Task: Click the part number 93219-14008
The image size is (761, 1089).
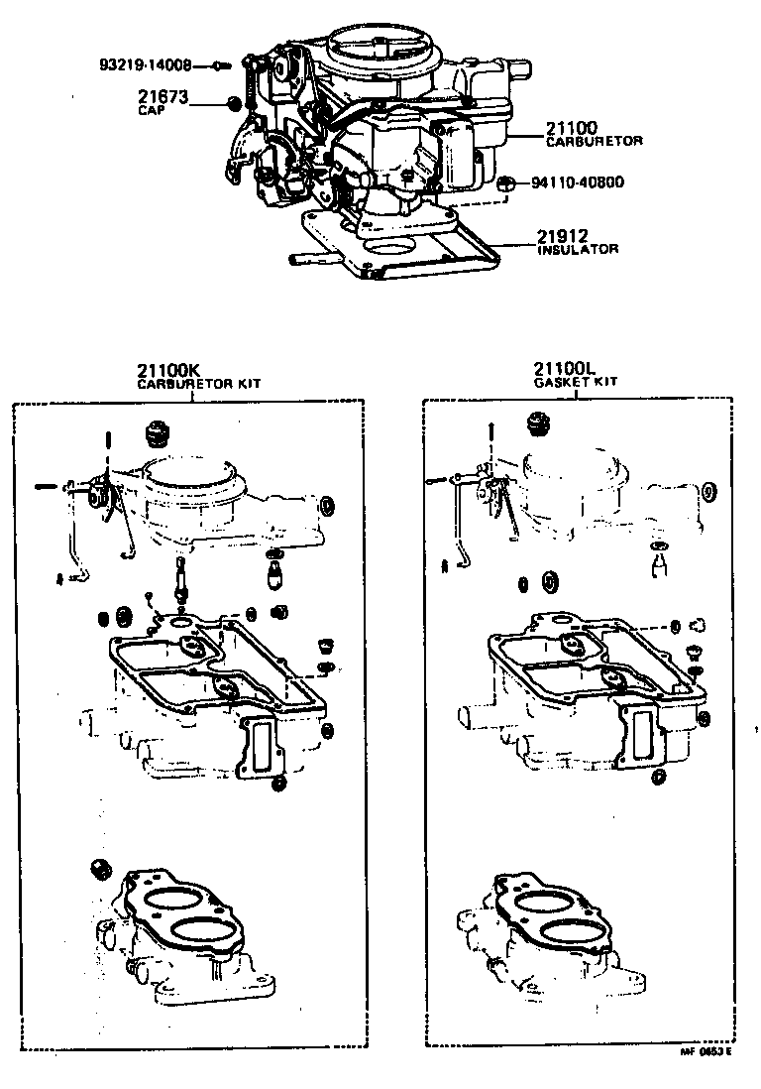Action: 154,66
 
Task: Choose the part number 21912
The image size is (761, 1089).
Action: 563,236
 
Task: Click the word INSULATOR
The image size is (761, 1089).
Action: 578,250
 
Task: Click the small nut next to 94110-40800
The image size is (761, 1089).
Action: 503,182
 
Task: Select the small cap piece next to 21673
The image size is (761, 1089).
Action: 233,103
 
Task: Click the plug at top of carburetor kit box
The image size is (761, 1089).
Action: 155,433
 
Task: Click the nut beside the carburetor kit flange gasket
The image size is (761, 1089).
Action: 98,867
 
